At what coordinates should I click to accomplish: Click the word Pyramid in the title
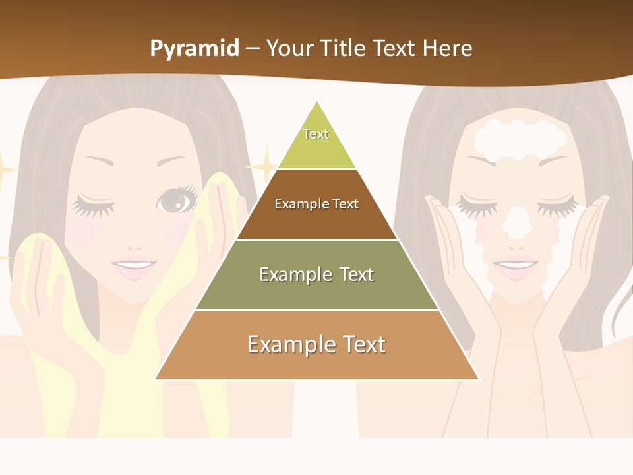[x=194, y=49]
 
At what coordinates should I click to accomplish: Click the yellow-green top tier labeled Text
[x=316, y=142]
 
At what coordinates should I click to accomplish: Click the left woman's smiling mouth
[x=134, y=267]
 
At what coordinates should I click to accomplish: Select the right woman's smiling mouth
[x=515, y=265]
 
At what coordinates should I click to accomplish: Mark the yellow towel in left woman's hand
[x=40, y=290]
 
